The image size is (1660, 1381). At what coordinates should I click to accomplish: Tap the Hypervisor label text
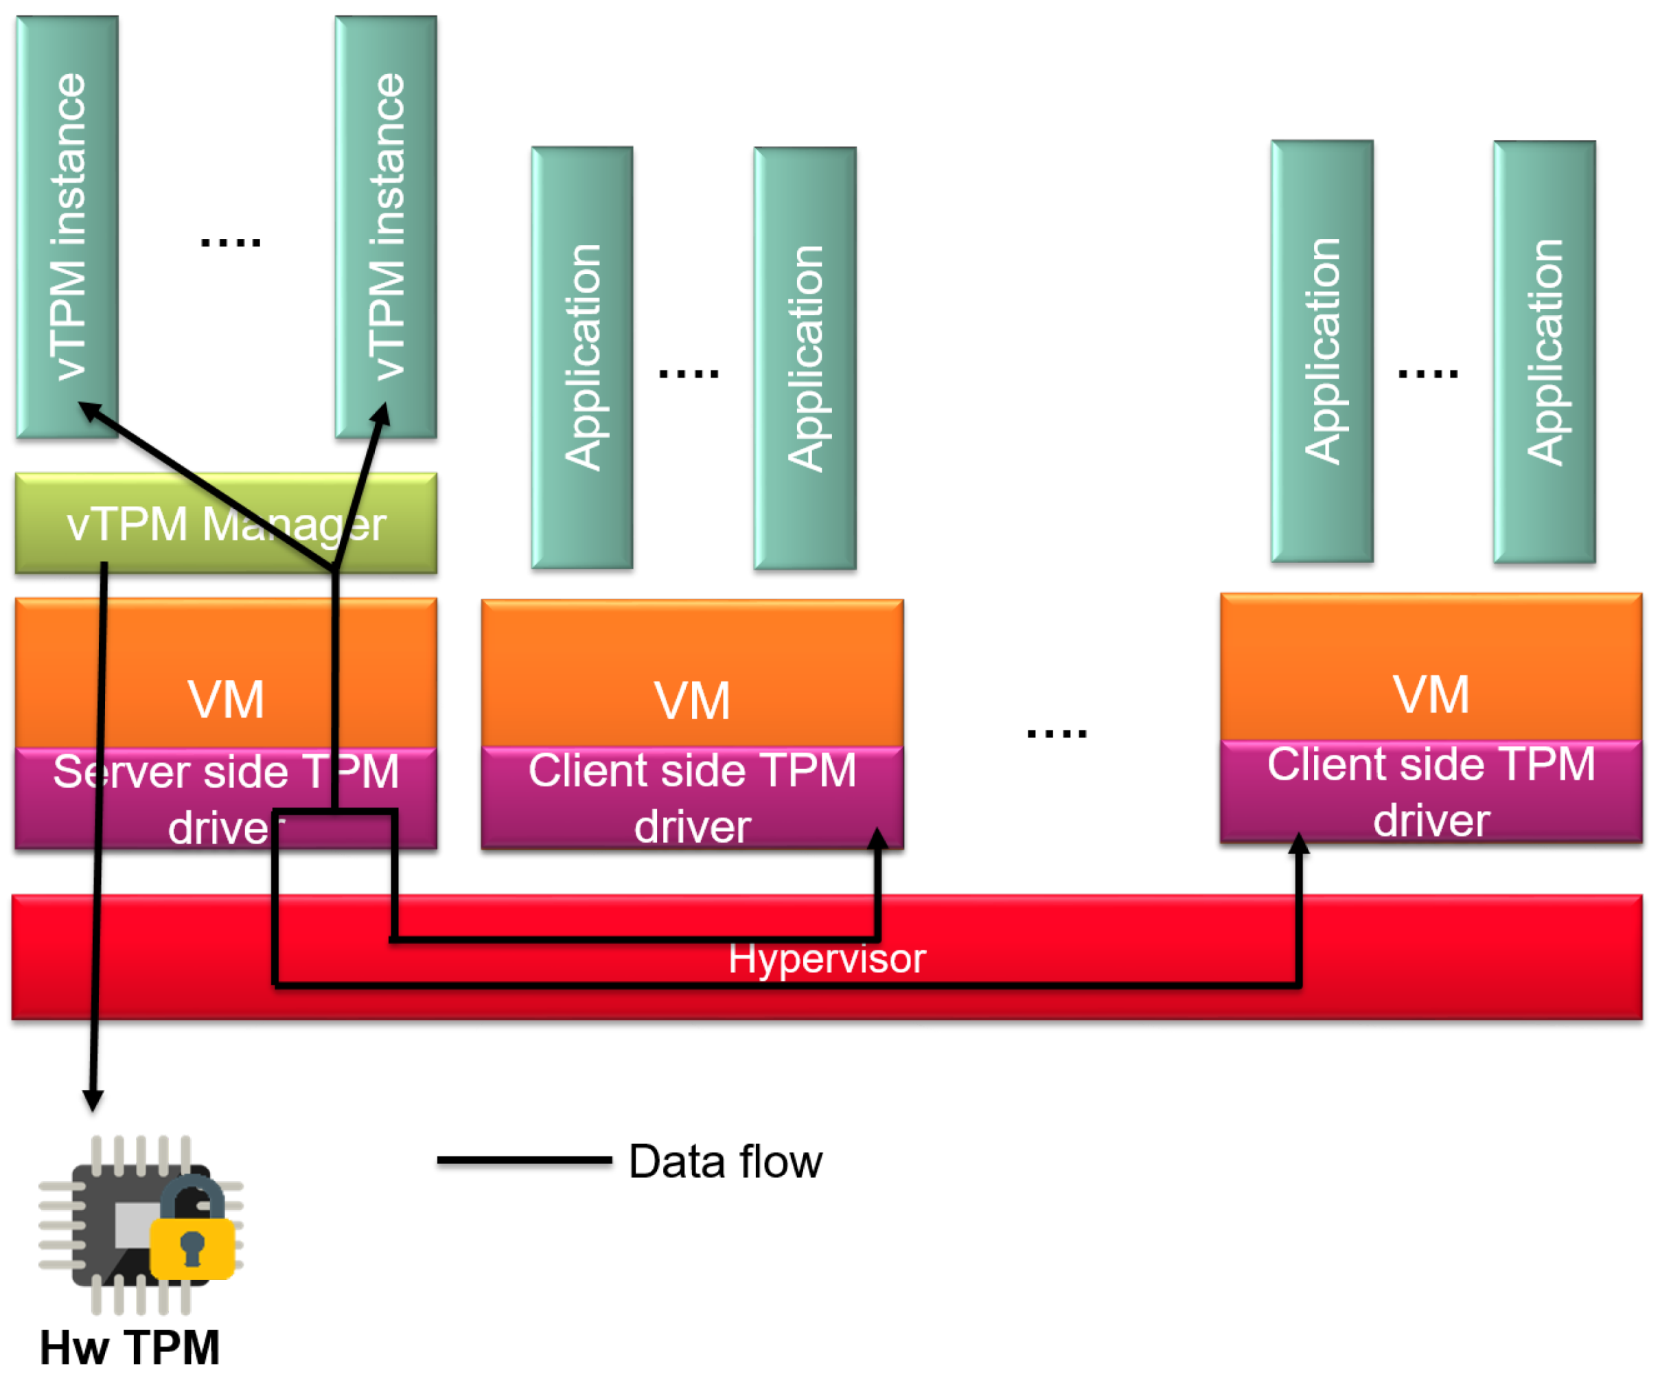pyautogui.click(x=826, y=958)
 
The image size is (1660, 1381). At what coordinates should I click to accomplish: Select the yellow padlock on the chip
pyautogui.click(x=192, y=1246)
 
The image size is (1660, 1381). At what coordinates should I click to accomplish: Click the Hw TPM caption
pyautogui.click(x=130, y=1347)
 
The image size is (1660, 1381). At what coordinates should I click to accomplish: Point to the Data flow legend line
pyautogui.click(x=524, y=1160)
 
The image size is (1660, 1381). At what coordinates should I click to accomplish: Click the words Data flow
pyautogui.click(x=725, y=1161)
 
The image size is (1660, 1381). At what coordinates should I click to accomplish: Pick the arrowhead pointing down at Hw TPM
pyautogui.click(x=93, y=1099)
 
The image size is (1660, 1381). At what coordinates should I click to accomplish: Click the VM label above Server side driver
pyautogui.click(x=225, y=700)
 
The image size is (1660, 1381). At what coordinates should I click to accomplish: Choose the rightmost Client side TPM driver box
pyautogui.click(x=1431, y=791)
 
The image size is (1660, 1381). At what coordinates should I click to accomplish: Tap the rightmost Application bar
pyautogui.click(x=1544, y=352)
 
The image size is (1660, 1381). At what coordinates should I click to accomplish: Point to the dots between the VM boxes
pyautogui.click(x=1056, y=733)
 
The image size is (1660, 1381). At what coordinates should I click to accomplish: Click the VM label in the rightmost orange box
pyautogui.click(x=1431, y=694)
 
